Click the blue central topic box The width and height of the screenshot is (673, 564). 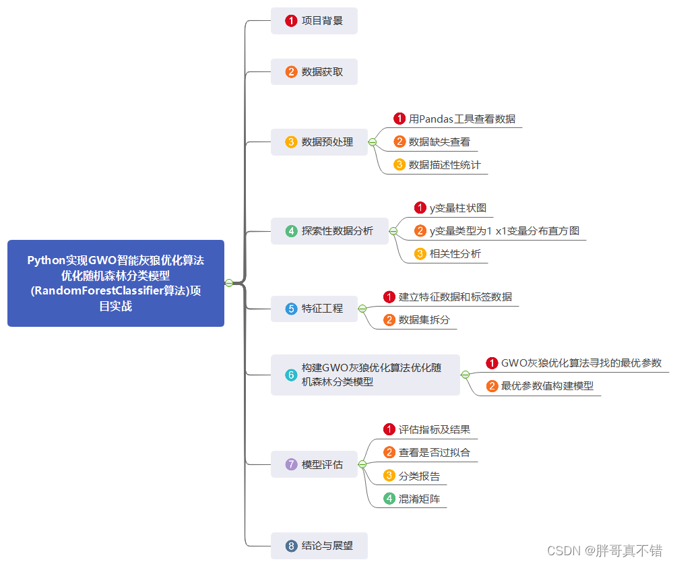coord(115,283)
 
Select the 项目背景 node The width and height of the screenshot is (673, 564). coord(314,21)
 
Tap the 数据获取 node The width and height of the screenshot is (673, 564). coord(314,71)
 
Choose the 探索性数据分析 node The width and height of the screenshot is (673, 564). coord(329,231)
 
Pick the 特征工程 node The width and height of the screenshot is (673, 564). coord(314,309)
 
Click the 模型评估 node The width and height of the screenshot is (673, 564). coord(314,464)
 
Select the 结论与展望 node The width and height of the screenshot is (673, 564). coord(319,546)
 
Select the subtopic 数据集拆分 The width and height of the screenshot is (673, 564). coord(424,320)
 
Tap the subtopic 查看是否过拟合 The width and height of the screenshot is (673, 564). coord(434,453)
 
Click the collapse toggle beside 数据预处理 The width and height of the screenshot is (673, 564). coord(373,142)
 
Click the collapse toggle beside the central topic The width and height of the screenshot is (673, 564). coord(229,283)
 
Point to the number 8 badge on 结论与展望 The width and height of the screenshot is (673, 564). coord(291,546)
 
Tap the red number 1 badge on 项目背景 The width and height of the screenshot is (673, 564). coord(291,21)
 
